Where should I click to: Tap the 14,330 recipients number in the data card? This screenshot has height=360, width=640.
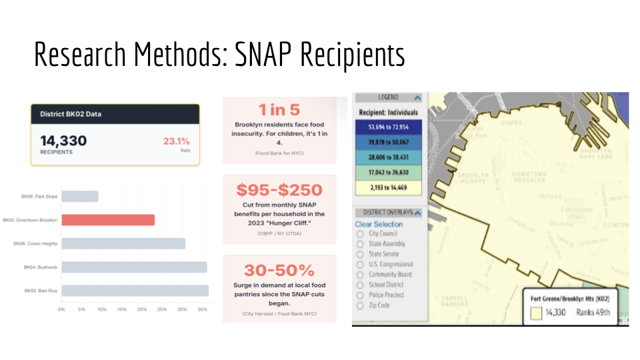[x=63, y=141]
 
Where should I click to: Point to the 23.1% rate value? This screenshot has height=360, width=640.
[x=176, y=141]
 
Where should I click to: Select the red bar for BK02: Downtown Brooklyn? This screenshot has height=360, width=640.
[x=108, y=220]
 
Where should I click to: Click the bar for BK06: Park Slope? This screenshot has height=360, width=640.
[x=80, y=197]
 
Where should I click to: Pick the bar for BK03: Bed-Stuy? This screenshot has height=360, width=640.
[x=135, y=291]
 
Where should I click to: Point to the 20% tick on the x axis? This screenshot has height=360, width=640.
[x=142, y=309]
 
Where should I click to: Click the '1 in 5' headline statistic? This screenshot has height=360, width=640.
[x=279, y=111]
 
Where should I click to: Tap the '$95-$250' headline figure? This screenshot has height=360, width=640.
[x=279, y=189]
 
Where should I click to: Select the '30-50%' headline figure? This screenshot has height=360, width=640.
[x=279, y=270]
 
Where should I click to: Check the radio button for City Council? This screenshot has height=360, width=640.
[x=360, y=234]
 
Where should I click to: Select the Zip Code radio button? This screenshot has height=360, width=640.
[x=360, y=305]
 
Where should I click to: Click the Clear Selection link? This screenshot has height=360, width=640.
[x=379, y=224]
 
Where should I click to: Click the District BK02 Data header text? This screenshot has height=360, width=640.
[x=71, y=114]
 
